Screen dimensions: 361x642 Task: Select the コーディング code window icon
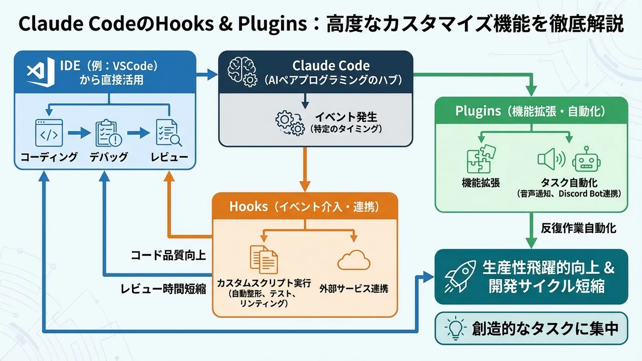click(49, 132)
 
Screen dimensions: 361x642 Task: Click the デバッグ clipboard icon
click(108, 133)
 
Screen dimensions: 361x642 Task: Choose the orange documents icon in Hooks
click(264, 259)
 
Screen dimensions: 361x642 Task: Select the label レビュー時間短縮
click(163, 289)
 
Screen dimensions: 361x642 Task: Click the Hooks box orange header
click(304, 206)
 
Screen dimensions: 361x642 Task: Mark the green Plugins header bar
click(531, 110)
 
